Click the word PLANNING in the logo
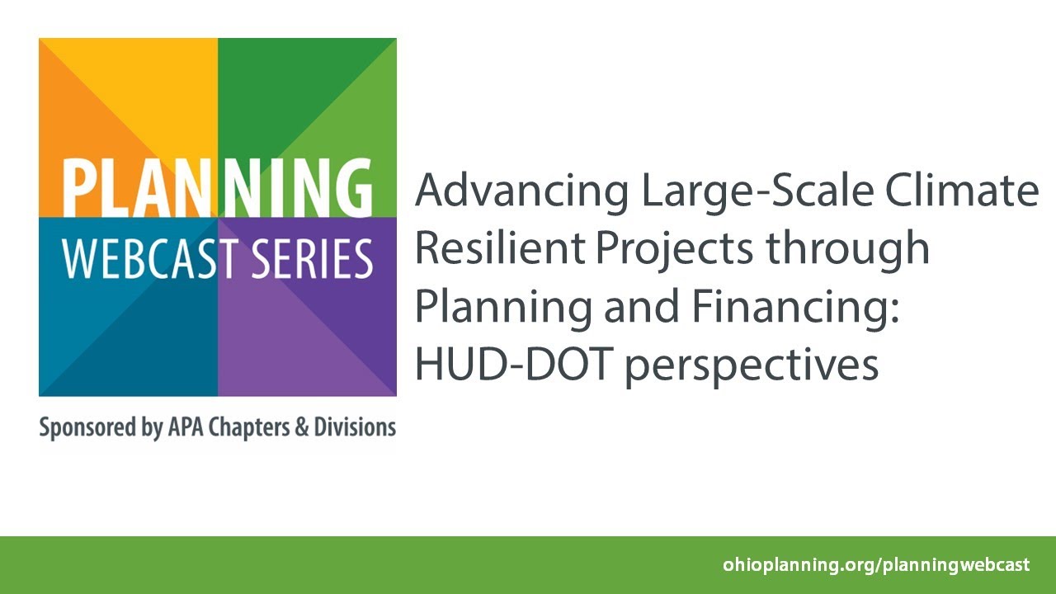point(217,189)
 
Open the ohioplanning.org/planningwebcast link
point(876,565)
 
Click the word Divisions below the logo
point(355,428)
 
